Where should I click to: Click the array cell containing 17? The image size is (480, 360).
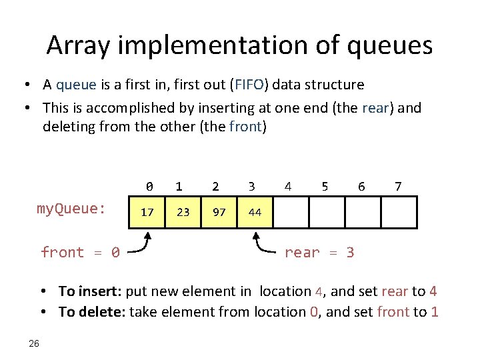tap(148, 212)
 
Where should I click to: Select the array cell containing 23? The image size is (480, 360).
tap(183, 212)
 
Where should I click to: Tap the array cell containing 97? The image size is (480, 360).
tap(219, 212)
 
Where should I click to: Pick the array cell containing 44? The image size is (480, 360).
tap(255, 212)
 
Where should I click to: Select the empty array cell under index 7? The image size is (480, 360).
tap(399, 212)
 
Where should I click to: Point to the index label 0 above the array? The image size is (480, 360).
tap(149, 187)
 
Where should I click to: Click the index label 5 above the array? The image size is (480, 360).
tap(325, 187)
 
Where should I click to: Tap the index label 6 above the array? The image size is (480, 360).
tap(361, 187)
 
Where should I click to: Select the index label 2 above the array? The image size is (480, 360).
tap(215, 187)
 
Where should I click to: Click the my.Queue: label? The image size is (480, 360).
tap(71, 209)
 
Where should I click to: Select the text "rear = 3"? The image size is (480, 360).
tap(319, 253)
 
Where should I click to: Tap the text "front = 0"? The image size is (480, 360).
tap(80, 253)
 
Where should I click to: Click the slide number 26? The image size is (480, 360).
tap(34, 343)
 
